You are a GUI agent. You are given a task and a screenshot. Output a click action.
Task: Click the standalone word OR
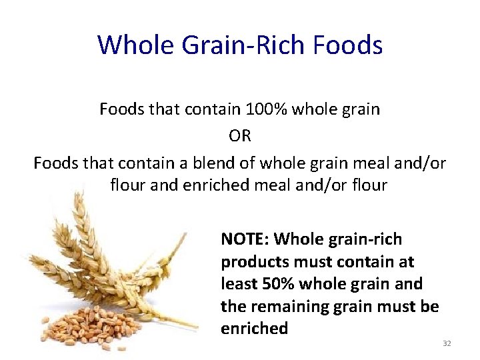point(240,136)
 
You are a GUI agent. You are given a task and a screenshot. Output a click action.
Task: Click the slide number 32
point(447,343)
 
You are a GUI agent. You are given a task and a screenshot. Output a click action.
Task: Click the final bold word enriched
point(254,329)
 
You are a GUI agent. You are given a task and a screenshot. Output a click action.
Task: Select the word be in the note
point(430,307)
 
